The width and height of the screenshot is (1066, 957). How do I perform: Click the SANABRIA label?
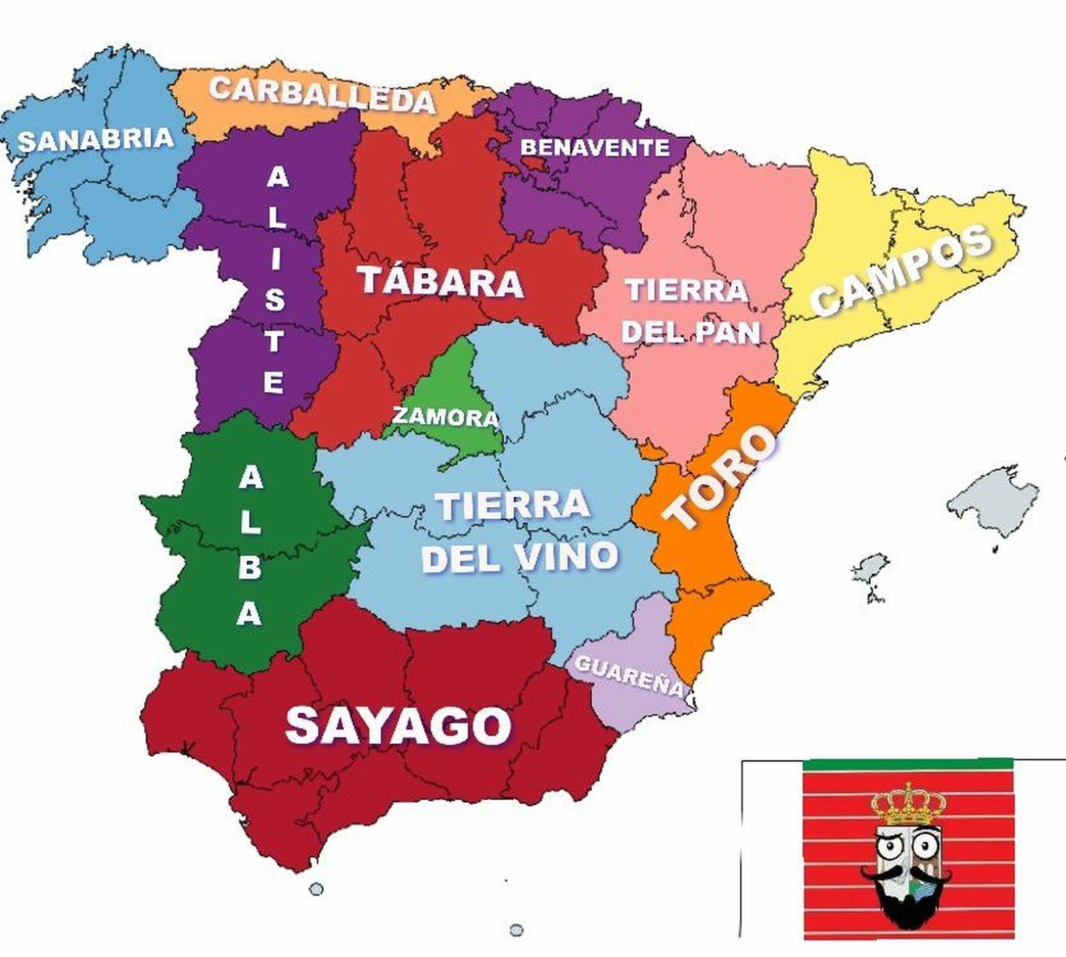[x=95, y=140]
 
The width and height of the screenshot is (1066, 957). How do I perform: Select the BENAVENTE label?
[x=594, y=147]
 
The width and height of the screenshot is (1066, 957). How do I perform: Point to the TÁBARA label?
[x=440, y=282]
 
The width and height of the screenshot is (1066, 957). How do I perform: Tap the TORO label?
[x=721, y=477]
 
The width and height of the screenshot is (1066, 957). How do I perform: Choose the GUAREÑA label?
[x=629, y=675]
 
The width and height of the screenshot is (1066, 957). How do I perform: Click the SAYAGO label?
[x=398, y=725]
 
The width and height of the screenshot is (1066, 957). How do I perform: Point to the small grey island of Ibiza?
[x=869, y=570]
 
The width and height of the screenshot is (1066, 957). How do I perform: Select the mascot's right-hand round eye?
[x=924, y=847]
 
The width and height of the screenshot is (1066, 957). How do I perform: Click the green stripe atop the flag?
[x=907, y=764]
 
